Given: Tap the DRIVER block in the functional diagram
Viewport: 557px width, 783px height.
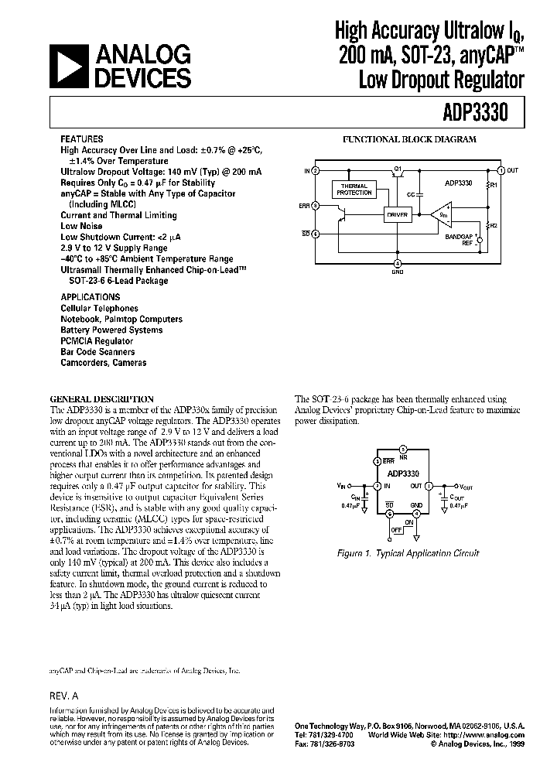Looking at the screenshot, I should coord(397,213).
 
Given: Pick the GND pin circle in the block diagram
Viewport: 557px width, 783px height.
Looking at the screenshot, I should coord(398,262).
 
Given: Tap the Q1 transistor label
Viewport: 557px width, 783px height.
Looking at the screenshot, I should coord(397,167).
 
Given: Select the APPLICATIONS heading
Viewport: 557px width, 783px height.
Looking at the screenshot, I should coord(91,297).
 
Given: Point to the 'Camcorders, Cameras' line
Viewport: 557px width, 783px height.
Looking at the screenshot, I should coord(103,362).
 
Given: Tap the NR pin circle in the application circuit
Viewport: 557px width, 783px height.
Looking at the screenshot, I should coord(402,449).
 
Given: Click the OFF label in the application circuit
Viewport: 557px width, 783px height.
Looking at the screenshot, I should coord(398,528).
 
